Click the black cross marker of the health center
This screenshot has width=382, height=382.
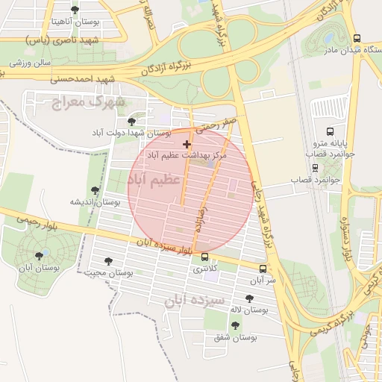[x=187, y=143]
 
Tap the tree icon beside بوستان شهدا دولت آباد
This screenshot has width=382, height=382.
[x=132, y=121]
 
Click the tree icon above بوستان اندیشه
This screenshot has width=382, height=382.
[x=94, y=191]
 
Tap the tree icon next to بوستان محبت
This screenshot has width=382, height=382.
[x=109, y=262]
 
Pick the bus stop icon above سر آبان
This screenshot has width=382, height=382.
[x=262, y=269]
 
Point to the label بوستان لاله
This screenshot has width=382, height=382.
[x=249, y=310]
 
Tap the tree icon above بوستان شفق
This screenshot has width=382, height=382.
[x=236, y=325]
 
